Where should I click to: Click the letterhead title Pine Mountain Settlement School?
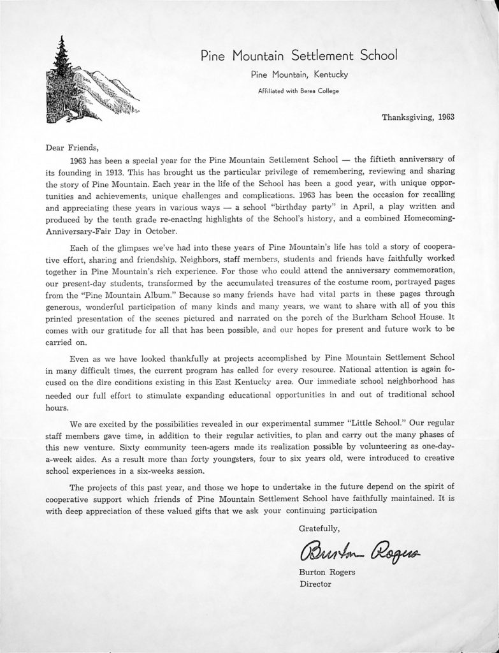298,55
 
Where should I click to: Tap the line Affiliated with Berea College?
298,91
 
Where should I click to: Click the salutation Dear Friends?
73,145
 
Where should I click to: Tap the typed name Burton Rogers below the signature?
327,572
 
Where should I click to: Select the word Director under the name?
315,583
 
